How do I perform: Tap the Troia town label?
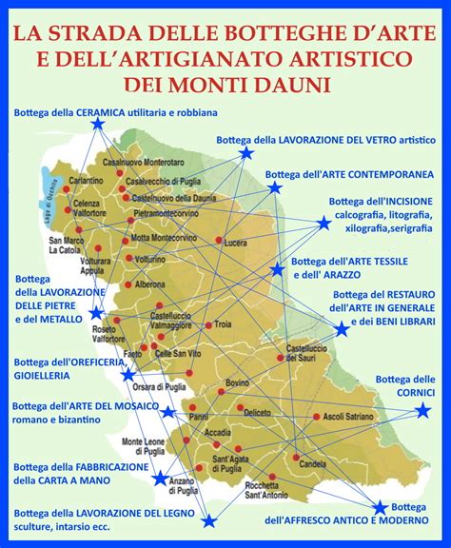[223, 325]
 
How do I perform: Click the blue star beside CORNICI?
[423, 411]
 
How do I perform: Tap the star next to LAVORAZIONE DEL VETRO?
[246, 152]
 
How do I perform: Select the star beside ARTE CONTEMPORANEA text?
[275, 187]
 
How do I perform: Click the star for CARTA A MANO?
[159, 479]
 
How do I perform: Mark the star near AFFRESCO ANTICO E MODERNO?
[380, 507]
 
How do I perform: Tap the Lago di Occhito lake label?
[42, 200]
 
